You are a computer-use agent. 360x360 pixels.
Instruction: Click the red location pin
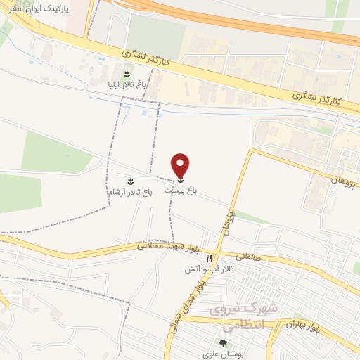click(x=181, y=165)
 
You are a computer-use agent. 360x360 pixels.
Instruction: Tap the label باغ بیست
click(x=181, y=190)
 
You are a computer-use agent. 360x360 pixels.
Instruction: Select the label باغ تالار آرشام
click(x=129, y=191)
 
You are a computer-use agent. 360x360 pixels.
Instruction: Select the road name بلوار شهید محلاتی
click(x=162, y=247)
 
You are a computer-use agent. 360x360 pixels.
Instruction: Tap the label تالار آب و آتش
click(x=210, y=269)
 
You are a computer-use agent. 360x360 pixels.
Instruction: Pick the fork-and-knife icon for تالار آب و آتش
click(x=209, y=258)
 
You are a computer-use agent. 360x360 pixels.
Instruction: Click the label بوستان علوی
click(x=224, y=354)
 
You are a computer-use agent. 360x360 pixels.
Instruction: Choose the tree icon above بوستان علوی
click(x=224, y=343)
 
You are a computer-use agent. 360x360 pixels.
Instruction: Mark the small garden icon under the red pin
click(x=181, y=181)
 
